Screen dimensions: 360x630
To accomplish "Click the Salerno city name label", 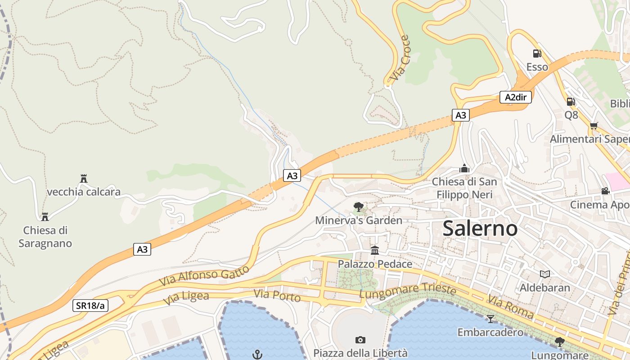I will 480,229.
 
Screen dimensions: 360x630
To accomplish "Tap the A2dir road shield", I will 515,97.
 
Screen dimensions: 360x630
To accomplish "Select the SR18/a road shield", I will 90,306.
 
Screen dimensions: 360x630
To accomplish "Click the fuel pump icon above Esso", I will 537,53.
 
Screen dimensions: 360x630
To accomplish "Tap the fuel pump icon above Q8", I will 571,101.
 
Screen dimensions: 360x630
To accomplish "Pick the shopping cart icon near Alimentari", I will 594,126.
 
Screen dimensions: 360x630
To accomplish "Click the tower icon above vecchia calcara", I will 83,179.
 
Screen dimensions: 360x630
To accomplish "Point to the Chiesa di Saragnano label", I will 45,237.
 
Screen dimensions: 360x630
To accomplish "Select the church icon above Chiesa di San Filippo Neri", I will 464,168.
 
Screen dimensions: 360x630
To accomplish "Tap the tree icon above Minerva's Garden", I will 359,207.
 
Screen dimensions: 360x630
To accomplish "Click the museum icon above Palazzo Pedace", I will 375,250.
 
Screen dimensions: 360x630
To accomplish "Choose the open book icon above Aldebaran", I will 545,274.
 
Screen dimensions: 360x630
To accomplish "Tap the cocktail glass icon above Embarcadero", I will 490,319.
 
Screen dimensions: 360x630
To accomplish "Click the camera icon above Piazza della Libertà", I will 360,340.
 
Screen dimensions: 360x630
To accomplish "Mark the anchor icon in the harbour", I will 257,354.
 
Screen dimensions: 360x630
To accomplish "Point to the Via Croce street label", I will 400,58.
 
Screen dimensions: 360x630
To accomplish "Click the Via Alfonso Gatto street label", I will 204,275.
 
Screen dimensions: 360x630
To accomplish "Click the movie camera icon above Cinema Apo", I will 605,191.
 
